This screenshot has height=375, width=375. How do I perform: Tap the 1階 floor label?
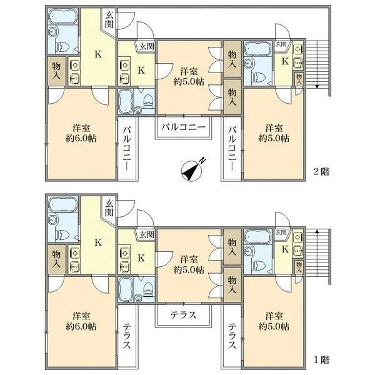pos(322,359)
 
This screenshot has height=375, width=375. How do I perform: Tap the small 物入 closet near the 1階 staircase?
pos(299,266)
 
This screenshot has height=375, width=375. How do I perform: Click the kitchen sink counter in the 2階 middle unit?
pos(122,69)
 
